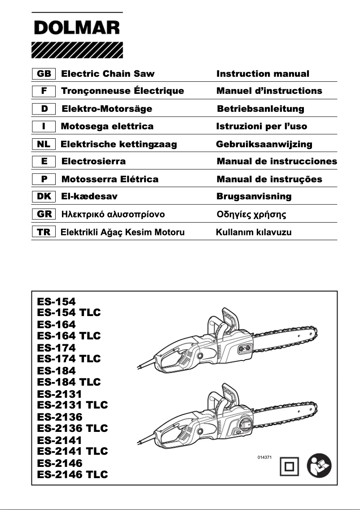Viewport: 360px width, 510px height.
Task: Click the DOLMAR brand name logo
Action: (x=77, y=29)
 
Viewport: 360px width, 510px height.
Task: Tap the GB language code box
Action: (x=43, y=74)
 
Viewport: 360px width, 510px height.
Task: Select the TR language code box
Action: (x=43, y=232)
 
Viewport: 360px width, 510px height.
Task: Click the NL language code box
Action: (x=43, y=144)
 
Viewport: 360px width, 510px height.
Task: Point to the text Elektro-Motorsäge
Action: (x=106, y=109)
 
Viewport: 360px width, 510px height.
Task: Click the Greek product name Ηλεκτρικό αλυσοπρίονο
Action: (x=113, y=214)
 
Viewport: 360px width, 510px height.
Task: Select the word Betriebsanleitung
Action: (x=260, y=109)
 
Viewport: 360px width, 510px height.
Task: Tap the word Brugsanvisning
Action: (x=254, y=196)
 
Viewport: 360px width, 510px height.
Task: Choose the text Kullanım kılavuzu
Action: (x=254, y=232)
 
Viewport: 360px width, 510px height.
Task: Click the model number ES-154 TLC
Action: (x=69, y=312)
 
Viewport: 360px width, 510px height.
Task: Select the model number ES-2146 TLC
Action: (x=73, y=474)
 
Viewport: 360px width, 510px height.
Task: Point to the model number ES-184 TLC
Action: (x=69, y=382)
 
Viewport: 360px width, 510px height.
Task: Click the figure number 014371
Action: (x=265, y=457)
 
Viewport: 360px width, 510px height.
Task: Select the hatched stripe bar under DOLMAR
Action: (x=77, y=50)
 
